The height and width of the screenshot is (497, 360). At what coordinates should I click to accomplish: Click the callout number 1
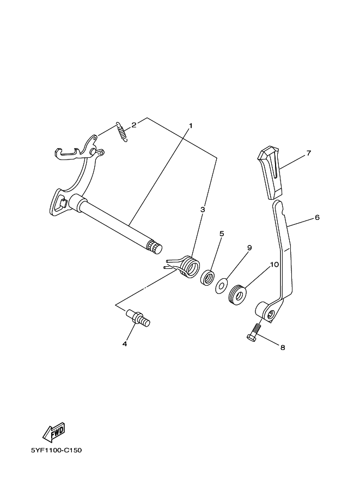[191, 126]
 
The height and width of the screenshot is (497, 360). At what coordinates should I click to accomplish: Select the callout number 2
[134, 124]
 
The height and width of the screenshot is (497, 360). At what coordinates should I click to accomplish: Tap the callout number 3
[202, 209]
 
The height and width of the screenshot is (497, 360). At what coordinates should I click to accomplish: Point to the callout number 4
[125, 343]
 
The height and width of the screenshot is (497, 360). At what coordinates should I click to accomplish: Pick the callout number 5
[222, 234]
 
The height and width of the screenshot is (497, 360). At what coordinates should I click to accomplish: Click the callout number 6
[316, 217]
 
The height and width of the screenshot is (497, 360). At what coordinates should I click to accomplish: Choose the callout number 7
[308, 154]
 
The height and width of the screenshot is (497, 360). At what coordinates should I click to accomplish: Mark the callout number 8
[282, 347]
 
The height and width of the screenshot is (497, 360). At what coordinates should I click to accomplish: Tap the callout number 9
[249, 248]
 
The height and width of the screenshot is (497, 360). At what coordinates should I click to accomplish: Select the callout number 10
[274, 265]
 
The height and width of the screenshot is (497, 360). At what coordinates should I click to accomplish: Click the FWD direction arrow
[54, 432]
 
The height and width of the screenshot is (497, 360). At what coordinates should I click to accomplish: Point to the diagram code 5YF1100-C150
[56, 451]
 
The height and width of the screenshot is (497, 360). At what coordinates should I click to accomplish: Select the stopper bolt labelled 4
[138, 317]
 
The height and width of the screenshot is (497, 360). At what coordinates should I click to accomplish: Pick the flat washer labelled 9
[222, 285]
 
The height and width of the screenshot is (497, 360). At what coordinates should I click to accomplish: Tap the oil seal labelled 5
[207, 277]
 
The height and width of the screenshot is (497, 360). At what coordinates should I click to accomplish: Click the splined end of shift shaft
[155, 248]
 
